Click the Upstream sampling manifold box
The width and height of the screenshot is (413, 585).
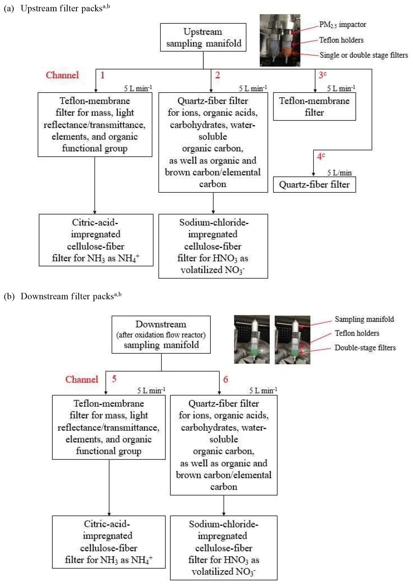(x=203, y=37)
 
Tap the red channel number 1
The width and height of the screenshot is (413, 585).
(x=102, y=75)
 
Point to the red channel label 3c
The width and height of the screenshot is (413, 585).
(x=322, y=75)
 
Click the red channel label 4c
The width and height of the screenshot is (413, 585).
(x=321, y=156)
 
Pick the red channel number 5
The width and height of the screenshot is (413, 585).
(x=114, y=379)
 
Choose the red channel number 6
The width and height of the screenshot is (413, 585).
(x=225, y=379)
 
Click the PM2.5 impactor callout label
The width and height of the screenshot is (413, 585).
(x=342, y=25)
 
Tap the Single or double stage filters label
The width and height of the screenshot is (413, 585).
(x=364, y=55)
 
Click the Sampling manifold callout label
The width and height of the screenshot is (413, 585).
(x=364, y=319)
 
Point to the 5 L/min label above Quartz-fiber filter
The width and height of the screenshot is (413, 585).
(x=339, y=173)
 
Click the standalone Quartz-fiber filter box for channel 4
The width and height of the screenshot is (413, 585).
(x=314, y=184)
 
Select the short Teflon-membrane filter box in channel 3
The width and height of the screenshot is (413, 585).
(x=314, y=107)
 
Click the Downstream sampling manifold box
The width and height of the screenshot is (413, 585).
(x=161, y=335)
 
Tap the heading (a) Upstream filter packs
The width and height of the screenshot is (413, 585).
(x=57, y=8)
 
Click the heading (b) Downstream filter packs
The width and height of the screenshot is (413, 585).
(x=63, y=296)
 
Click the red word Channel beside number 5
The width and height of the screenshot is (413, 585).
(x=82, y=379)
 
